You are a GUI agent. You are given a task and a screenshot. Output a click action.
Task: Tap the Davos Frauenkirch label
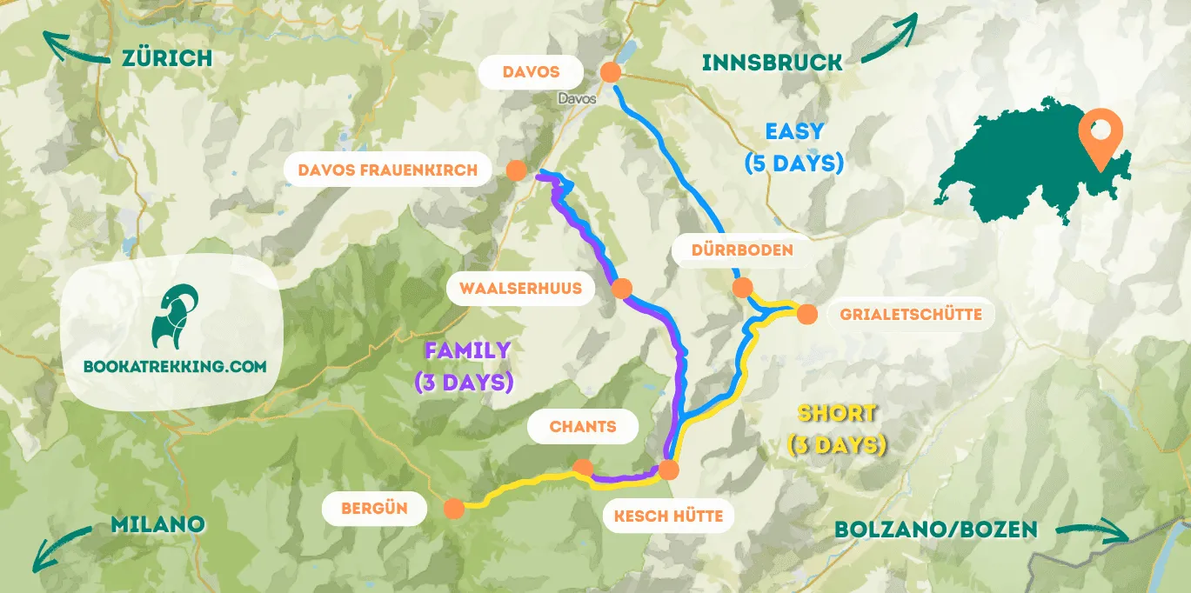[x=387, y=170]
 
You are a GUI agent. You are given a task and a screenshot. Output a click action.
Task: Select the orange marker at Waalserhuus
[x=622, y=289]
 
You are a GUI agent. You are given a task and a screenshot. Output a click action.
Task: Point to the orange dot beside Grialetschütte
[x=806, y=314]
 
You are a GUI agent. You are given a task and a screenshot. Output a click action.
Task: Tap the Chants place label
[x=582, y=426]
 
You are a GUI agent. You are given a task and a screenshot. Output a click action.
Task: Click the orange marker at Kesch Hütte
[x=668, y=470]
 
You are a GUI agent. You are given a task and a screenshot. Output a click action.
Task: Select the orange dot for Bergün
[x=453, y=509]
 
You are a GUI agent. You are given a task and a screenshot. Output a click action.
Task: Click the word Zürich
[x=167, y=58]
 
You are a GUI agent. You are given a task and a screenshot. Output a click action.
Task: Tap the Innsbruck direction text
[x=772, y=63]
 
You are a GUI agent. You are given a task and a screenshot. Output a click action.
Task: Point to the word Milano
[x=157, y=524]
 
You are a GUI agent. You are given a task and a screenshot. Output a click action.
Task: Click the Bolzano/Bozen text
[x=935, y=529]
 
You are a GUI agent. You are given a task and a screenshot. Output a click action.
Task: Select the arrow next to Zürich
[x=74, y=50]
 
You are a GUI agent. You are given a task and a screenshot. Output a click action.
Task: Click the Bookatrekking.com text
[x=174, y=367]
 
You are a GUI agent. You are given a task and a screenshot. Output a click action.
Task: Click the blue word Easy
[x=793, y=131]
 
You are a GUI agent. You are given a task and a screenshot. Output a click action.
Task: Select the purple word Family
[x=466, y=350]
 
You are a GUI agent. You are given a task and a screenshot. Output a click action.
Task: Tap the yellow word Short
[x=836, y=414]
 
